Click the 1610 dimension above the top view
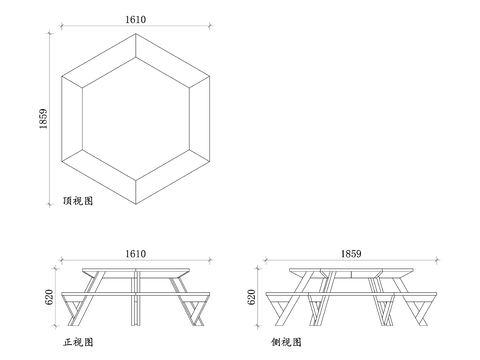click(136, 19)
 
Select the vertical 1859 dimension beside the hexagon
click(43, 119)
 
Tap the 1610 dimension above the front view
click(136, 254)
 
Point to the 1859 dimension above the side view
click(351, 254)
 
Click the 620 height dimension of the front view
click(49, 297)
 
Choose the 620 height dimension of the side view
click(251, 297)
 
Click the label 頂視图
click(78, 201)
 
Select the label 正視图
click(78, 342)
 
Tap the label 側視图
click(286, 342)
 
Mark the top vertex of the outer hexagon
click(136, 33)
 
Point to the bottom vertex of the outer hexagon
click(136, 204)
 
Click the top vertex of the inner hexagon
click(136, 57)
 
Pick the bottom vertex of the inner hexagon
click(136, 181)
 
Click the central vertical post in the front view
click(136, 298)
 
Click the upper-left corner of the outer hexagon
click(62, 76)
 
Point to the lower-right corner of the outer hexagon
click(210, 161)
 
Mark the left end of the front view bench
click(62, 294)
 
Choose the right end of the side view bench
click(436, 294)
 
